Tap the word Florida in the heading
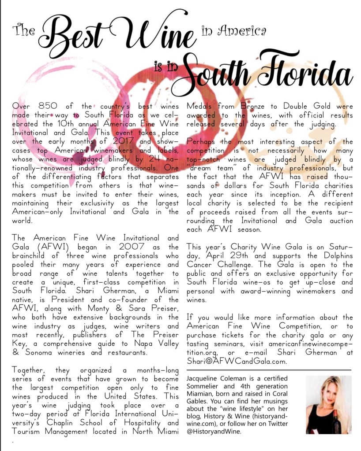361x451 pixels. (305, 73)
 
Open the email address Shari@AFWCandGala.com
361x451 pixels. (237, 361)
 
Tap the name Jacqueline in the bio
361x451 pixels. (205, 379)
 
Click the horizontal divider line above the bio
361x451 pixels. (269, 370)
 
